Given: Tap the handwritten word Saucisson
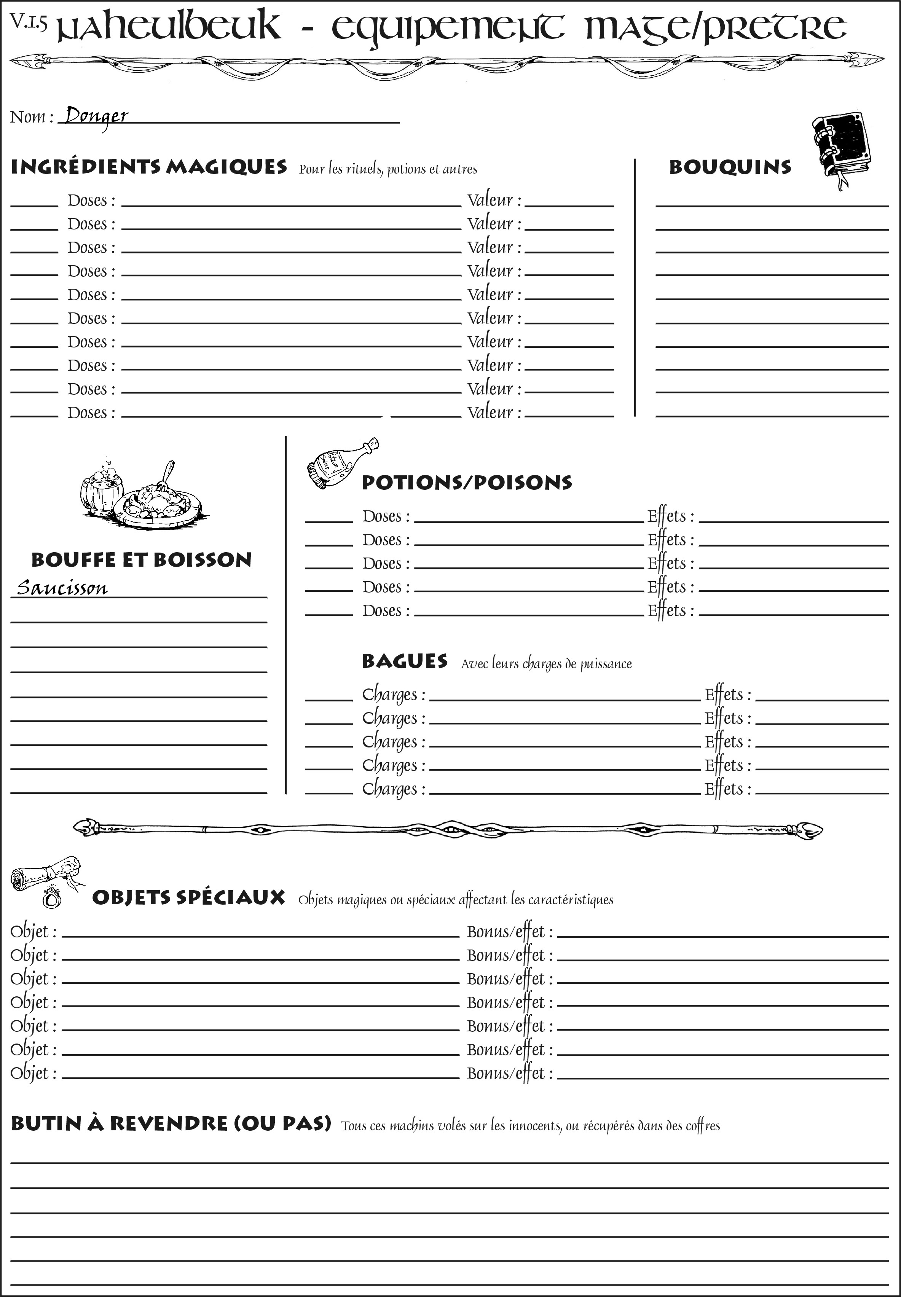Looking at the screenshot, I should point(62,588).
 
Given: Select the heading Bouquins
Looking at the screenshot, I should point(730,167).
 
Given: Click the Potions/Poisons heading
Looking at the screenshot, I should point(466,483).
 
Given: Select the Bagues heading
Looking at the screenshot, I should point(404,661).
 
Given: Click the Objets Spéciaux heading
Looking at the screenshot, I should point(188,897).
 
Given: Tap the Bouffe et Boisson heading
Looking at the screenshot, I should point(141,560).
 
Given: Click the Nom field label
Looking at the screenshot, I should point(31,117).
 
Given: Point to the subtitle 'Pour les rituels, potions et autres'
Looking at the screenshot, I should point(388,169).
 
